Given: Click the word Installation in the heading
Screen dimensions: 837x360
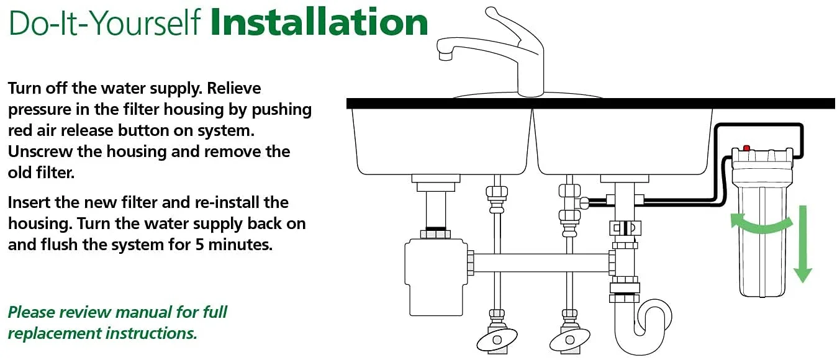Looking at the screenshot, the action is pos(319,22).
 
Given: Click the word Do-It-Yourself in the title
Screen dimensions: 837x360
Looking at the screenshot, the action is pos(104,22).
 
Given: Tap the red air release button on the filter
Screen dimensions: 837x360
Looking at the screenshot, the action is pos(746,148).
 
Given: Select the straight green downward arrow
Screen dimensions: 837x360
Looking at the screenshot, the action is pos(803,245).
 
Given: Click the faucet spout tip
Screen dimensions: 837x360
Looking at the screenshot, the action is pos(445,56).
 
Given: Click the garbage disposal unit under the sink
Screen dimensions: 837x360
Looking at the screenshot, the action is pos(436,276).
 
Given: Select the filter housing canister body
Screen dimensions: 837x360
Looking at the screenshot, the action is pos(762,239).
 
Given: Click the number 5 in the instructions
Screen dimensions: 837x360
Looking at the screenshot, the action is pos(200,245).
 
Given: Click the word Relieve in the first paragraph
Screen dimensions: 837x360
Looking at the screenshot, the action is pos(234,89).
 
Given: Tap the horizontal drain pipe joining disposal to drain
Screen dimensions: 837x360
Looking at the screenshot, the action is pos(541,263).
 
